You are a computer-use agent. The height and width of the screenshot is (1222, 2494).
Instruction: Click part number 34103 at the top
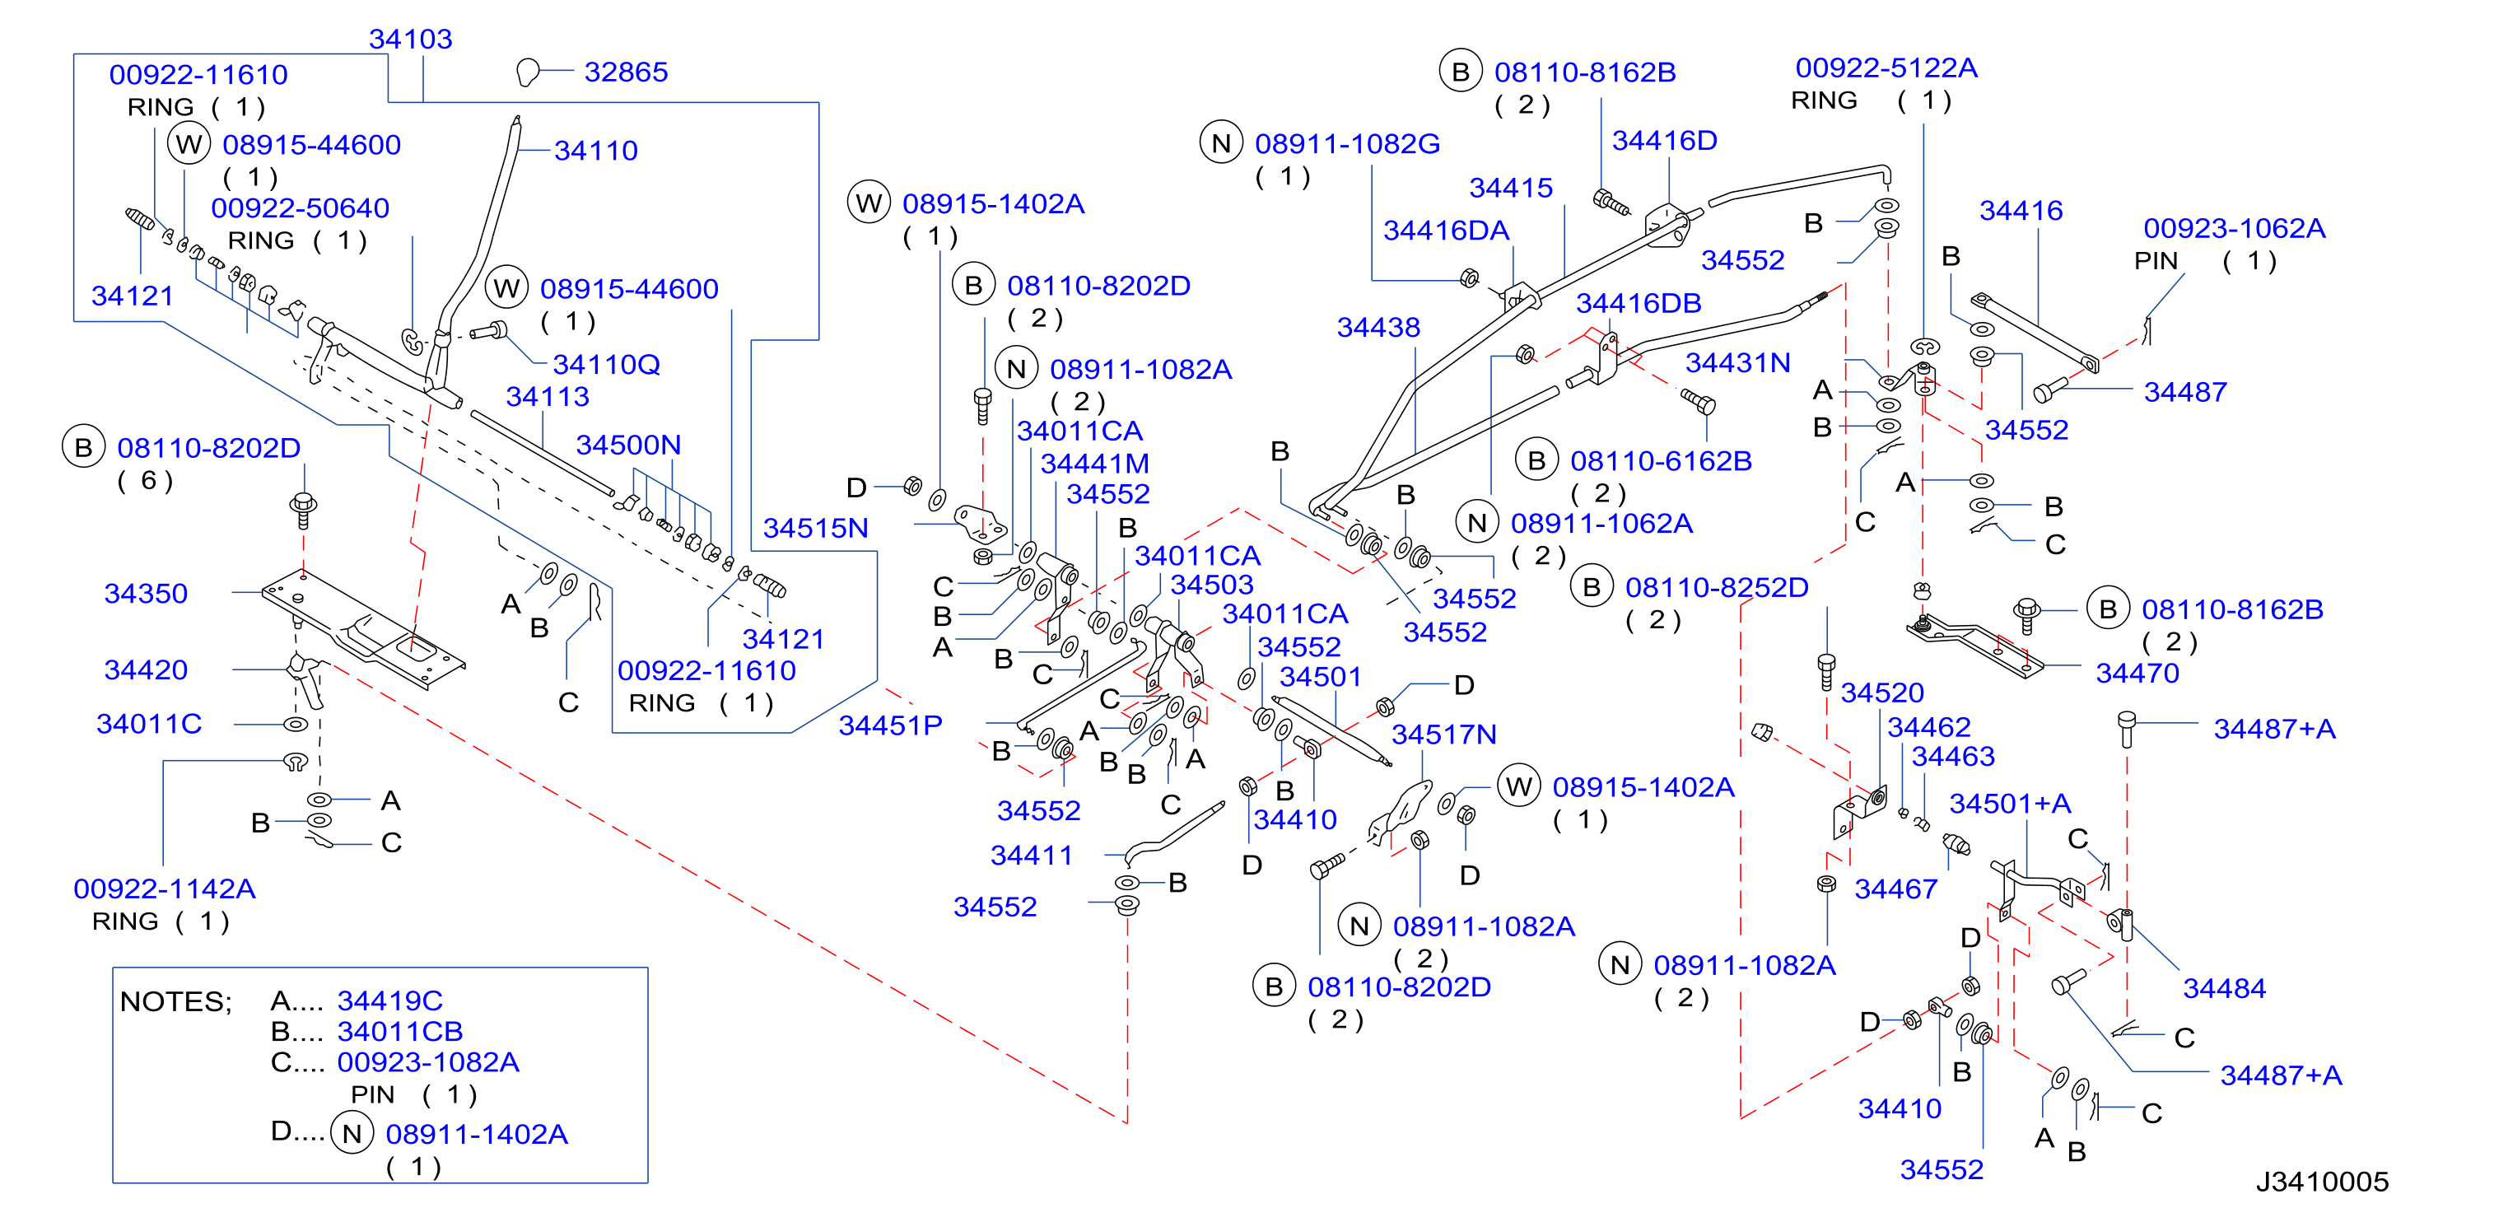[x=411, y=39]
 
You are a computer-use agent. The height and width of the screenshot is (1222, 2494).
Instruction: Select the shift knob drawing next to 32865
[x=528, y=72]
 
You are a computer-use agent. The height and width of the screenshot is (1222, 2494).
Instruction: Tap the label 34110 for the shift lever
[x=595, y=150]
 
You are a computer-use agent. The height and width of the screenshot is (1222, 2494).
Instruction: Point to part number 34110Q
[x=606, y=364]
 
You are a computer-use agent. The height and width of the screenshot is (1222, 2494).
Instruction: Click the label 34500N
[x=628, y=445]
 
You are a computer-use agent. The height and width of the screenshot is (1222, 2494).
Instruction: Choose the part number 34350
[x=147, y=593]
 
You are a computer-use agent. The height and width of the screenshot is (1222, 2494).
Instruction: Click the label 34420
[x=147, y=669]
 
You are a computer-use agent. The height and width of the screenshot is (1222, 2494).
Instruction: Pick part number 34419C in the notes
[x=389, y=1000]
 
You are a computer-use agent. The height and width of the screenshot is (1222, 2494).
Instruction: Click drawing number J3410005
[x=2322, y=1182]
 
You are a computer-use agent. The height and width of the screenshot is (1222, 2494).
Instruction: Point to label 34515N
[x=815, y=528]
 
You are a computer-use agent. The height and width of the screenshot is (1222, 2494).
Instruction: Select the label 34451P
[x=890, y=725]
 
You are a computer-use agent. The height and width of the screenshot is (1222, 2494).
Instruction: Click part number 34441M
[x=1094, y=464]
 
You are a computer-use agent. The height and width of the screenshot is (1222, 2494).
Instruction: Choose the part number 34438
[x=1378, y=327]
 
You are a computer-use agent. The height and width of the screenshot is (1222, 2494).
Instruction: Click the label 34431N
[x=1738, y=362]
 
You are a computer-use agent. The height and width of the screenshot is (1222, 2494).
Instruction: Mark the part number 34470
[x=2137, y=673]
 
